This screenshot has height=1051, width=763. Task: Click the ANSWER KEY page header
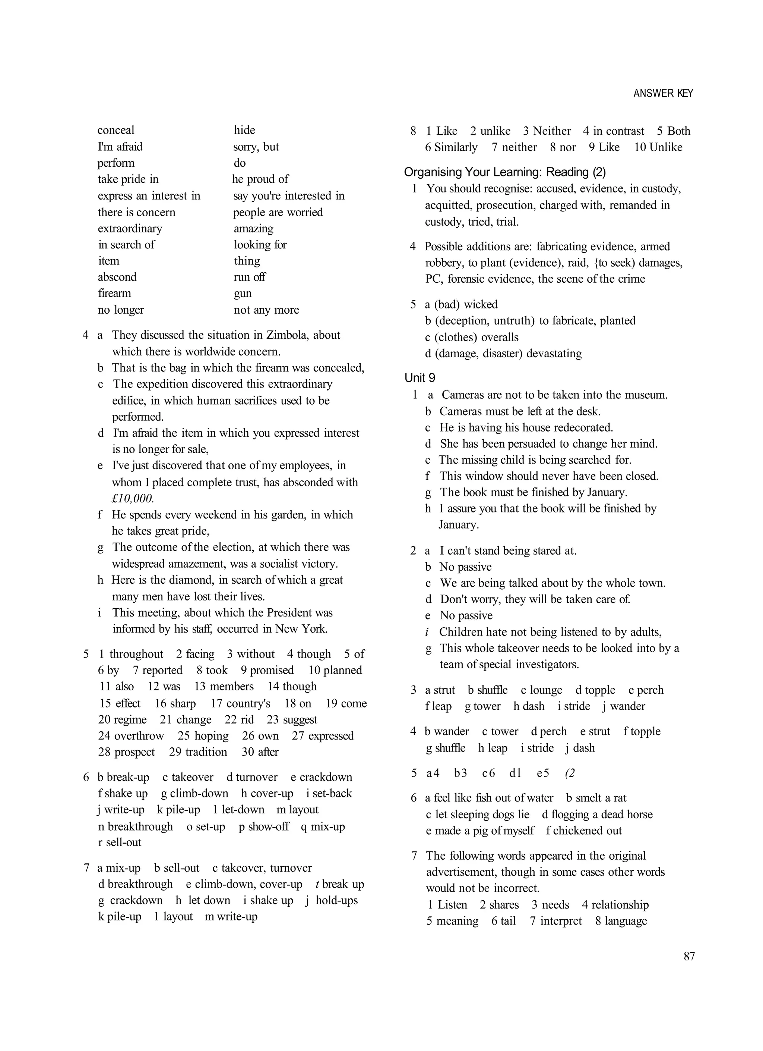coord(663,94)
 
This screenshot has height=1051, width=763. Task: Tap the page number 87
coord(689,956)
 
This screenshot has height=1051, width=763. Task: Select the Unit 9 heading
coord(420,378)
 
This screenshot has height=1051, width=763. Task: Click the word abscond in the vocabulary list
coord(117,277)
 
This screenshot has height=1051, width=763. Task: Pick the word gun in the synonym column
coord(243,294)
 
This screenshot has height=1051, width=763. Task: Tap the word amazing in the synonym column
coord(253,229)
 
